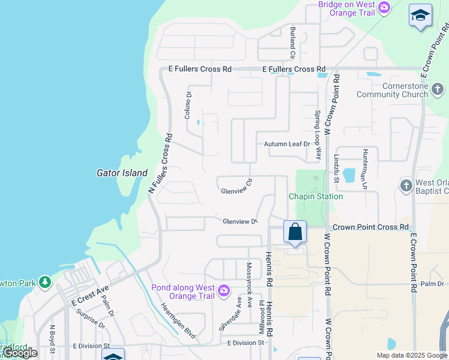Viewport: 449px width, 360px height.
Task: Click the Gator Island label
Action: point(122,173)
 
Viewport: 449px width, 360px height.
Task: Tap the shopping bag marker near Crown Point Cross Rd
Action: point(295,232)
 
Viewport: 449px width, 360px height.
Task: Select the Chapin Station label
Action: point(316,196)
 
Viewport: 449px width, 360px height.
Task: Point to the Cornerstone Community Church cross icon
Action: point(438,90)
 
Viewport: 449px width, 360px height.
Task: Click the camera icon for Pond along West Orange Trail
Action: point(223,291)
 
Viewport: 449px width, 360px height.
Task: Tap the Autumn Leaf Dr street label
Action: point(287,144)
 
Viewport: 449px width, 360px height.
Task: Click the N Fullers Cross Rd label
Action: point(161,163)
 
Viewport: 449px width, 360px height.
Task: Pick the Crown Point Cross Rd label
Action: point(370,227)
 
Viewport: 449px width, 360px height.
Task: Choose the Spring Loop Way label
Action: point(319,135)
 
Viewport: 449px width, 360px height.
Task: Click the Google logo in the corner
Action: point(20,353)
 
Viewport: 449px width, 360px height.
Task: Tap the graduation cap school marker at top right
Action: point(420,15)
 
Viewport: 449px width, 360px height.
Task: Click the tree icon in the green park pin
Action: point(44,281)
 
